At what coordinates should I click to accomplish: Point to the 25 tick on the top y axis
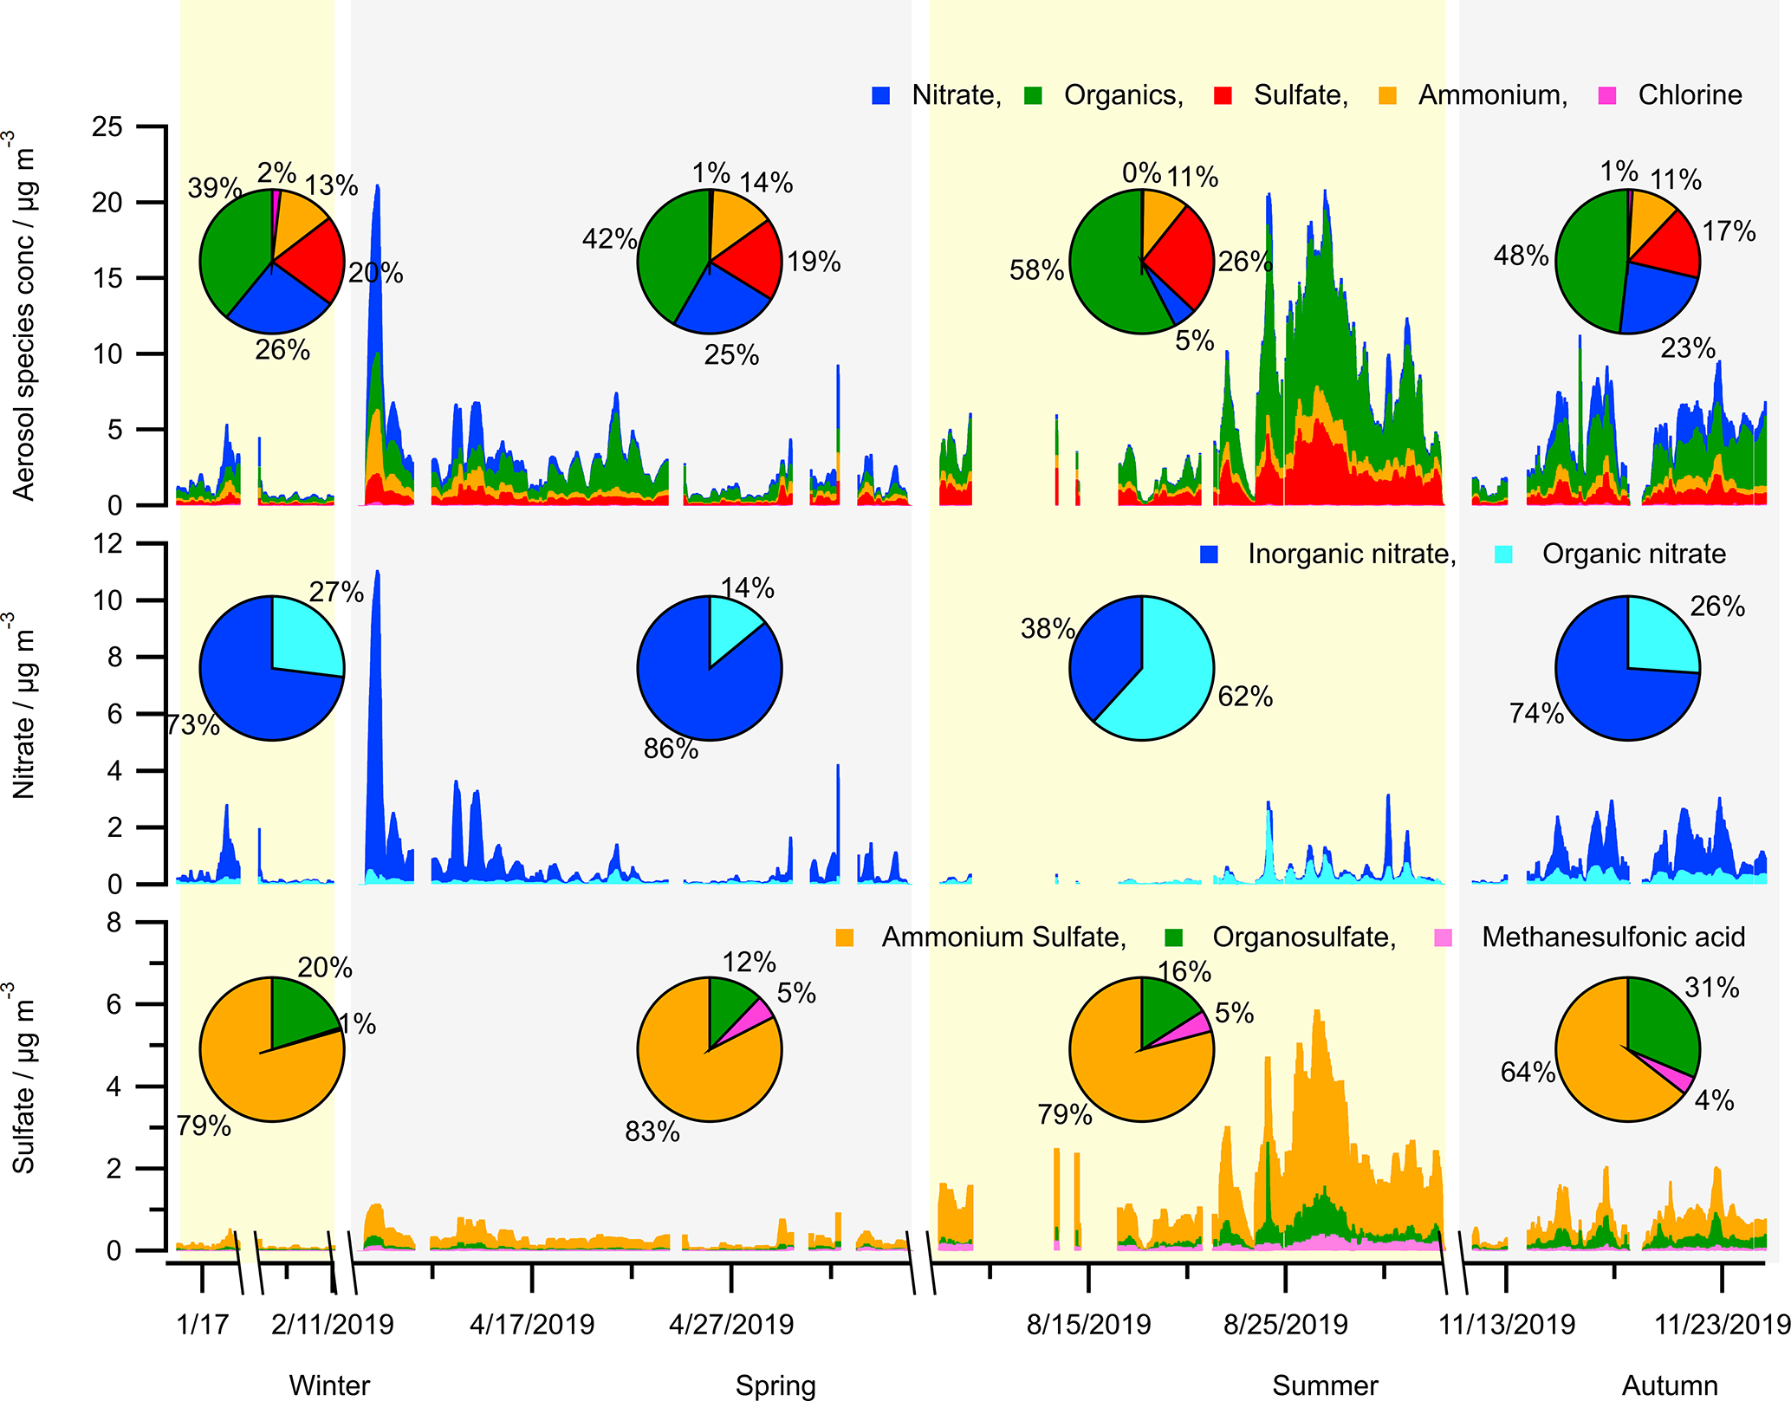pyautogui.click(x=107, y=127)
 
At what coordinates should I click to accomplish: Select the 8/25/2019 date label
pyautogui.click(x=1285, y=1325)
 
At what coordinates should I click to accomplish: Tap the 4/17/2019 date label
pyautogui.click(x=532, y=1325)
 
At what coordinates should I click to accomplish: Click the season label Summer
pyautogui.click(x=1325, y=1385)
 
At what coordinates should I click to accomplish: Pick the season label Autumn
pyautogui.click(x=1669, y=1385)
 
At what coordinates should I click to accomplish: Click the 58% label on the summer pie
pyautogui.click(x=1036, y=270)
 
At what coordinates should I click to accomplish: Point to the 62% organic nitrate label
pyautogui.click(x=1245, y=697)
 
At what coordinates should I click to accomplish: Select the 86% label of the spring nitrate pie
pyautogui.click(x=671, y=749)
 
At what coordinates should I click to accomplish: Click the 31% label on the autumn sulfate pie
pyautogui.click(x=1711, y=988)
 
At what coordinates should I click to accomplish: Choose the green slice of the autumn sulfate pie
pyautogui.click(x=1659, y=1022)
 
